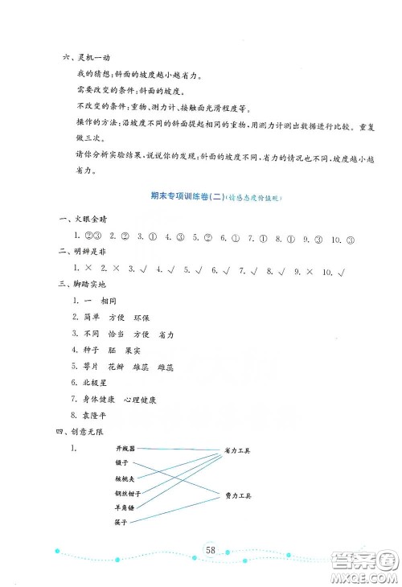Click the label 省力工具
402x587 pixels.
(236, 452)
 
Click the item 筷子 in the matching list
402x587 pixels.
(121, 522)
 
